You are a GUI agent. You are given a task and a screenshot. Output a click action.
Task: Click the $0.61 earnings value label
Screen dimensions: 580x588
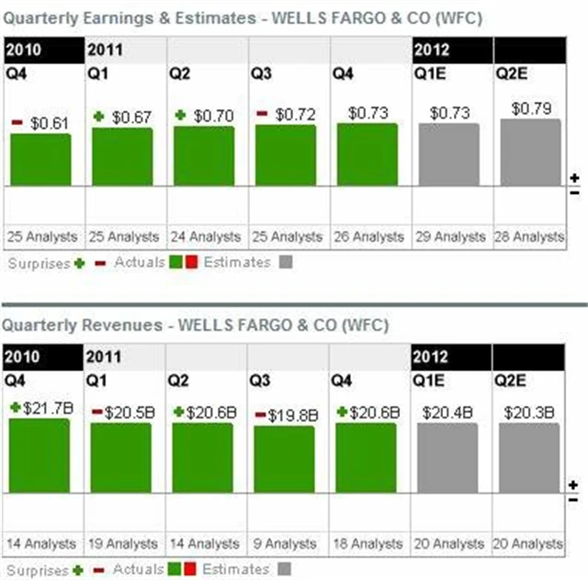click(49, 122)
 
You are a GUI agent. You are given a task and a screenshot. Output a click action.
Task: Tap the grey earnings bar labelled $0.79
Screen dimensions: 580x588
click(530, 151)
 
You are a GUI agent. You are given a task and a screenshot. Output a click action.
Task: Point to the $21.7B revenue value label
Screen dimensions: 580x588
click(48, 407)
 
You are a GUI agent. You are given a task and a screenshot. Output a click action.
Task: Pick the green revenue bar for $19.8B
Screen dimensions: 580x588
click(284, 459)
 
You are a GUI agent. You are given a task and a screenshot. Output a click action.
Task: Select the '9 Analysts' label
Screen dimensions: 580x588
click(287, 544)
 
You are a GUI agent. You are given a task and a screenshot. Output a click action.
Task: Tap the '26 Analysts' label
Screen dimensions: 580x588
click(368, 236)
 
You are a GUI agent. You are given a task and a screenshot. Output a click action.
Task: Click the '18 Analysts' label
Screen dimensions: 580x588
click(367, 544)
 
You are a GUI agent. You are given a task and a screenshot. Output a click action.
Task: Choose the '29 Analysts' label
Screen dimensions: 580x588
click(450, 236)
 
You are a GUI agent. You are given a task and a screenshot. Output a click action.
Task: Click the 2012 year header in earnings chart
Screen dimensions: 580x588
click(432, 49)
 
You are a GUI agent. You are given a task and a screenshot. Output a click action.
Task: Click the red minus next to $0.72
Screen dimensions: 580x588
click(262, 114)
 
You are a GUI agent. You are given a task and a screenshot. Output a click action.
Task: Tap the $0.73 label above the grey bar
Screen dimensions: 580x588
click(450, 113)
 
